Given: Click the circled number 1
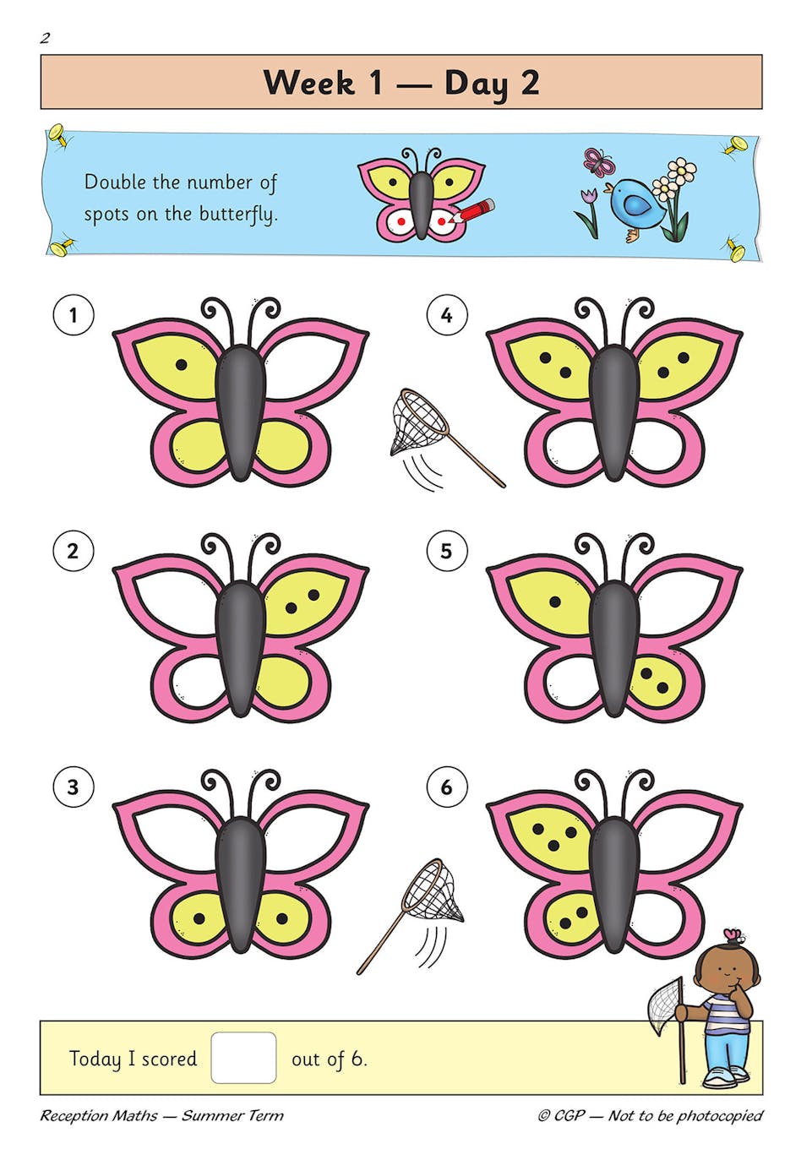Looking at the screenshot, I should click(x=73, y=315).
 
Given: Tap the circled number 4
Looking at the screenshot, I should click(x=446, y=315).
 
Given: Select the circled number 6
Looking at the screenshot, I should click(x=446, y=787).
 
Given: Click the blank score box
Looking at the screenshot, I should click(x=243, y=1057).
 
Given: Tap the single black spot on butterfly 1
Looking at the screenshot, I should click(x=182, y=365).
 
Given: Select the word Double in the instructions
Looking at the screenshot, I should click(x=114, y=182).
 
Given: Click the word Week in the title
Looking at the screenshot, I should click(x=309, y=83).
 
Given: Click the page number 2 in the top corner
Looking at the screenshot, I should click(x=46, y=37).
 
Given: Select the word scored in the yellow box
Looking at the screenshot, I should click(x=169, y=1059).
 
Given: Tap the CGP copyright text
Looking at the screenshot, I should click(x=650, y=1115).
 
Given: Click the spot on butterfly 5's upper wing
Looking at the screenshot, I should click(x=555, y=602).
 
